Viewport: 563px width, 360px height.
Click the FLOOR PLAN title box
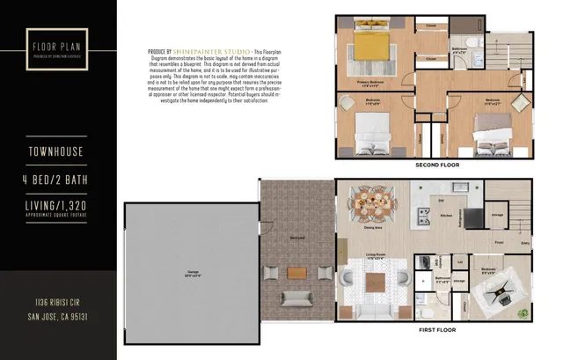tap(57, 46)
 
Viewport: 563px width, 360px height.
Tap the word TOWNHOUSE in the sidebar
tap(57, 152)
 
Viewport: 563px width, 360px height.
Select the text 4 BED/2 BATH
tap(57, 180)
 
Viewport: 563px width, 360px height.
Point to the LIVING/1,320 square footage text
tap(57, 205)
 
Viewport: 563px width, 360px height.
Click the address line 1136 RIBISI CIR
tap(58, 302)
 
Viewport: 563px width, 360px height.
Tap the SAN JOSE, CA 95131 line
tap(58, 315)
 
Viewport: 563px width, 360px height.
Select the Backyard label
tap(297, 237)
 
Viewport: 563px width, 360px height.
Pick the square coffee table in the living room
tap(376, 283)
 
